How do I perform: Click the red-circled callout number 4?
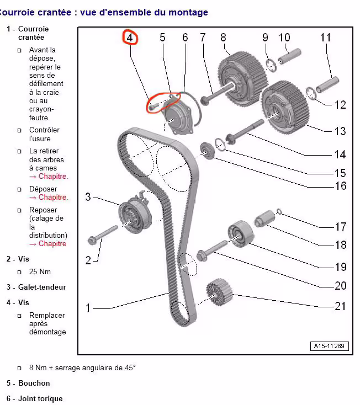coord(130,38)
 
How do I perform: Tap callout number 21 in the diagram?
coord(340,306)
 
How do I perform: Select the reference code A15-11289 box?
coord(329,346)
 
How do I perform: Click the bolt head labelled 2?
coord(92,240)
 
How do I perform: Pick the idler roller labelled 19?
coord(241,234)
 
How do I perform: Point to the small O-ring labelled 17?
coord(279,211)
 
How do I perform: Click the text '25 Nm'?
coord(40,271)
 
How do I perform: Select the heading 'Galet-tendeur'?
coord(42,287)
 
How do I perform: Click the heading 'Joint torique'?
coord(40,398)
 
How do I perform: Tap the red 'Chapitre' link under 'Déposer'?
coord(53,198)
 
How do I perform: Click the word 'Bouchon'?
coord(34,383)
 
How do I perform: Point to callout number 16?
coord(340,186)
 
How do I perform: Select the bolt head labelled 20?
coord(202,255)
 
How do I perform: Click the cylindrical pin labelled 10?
coord(289,56)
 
